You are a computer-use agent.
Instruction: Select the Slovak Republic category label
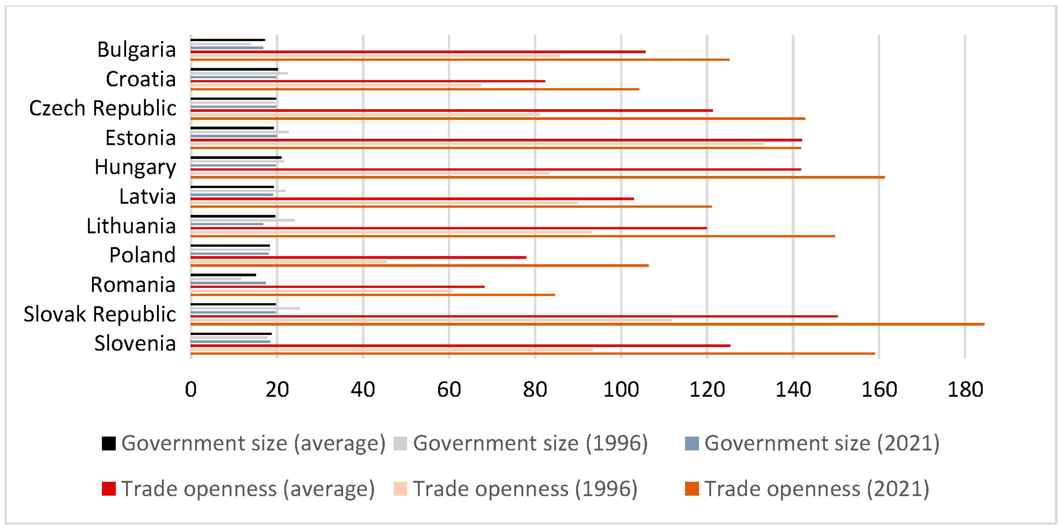pos(100,315)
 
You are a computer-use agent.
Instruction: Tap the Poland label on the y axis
pos(142,256)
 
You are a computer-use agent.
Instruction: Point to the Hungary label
pos(135,167)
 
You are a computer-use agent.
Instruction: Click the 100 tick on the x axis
pos(621,390)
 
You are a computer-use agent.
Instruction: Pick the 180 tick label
pos(965,390)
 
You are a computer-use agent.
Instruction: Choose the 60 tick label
pos(449,390)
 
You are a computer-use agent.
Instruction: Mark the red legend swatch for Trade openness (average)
pos(109,489)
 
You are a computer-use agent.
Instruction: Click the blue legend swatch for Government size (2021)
pos(692,443)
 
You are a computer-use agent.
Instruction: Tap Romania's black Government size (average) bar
pos(223,275)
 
